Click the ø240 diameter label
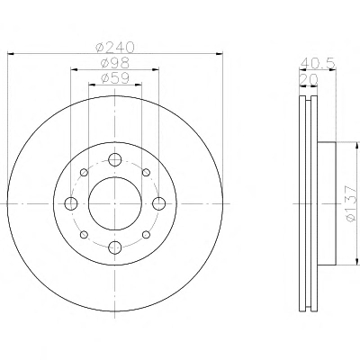point(115,47)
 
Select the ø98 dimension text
point(115,63)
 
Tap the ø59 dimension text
point(115,78)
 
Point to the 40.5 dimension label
point(318,63)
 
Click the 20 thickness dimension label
point(309,79)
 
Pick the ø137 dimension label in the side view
point(352,203)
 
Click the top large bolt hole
point(114,159)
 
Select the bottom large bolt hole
point(114,247)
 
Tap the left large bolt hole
point(71,203)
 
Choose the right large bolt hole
point(158,203)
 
